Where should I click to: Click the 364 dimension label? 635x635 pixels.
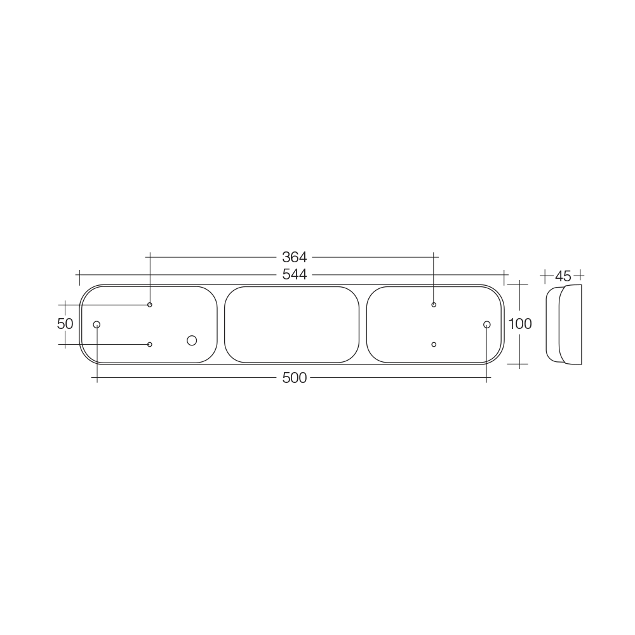click(x=295, y=257)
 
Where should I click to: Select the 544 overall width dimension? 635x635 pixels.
click(x=295, y=274)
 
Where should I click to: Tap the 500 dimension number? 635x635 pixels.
click(x=295, y=378)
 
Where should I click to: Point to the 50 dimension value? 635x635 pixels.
click(x=65, y=324)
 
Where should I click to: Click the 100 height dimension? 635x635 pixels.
click(x=520, y=324)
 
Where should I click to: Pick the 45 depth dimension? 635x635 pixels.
click(x=563, y=276)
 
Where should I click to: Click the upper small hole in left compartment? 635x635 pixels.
click(x=150, y=305)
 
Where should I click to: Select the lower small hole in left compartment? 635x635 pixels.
click(x=150, y=344)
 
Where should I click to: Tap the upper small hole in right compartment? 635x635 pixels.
click(x=434, y=305)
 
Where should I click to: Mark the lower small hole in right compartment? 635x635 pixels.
click(x=434, y=344)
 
